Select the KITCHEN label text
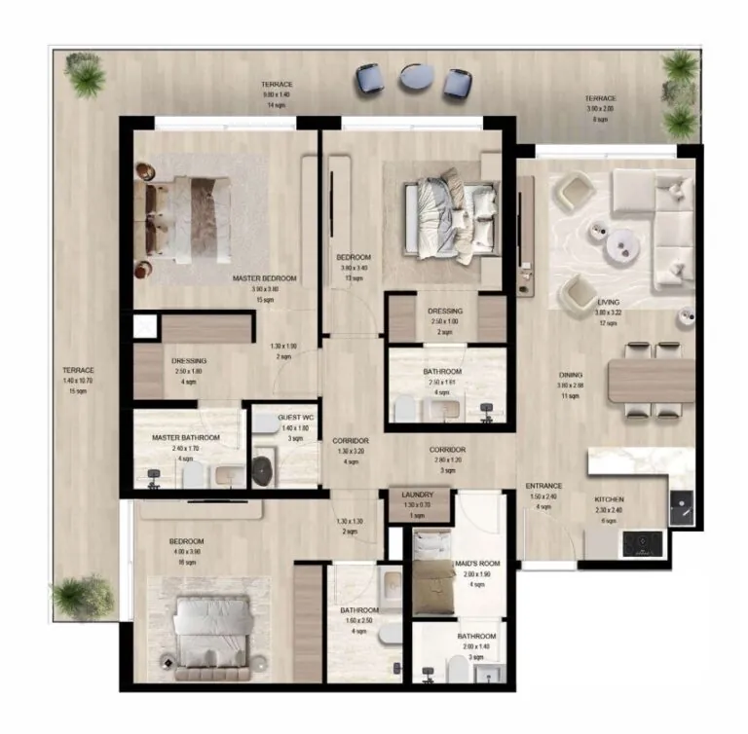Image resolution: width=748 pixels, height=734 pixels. coord(609,499)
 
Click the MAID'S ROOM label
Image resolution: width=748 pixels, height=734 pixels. coord(476,564)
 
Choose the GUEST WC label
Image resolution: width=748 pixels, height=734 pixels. coord(293,418)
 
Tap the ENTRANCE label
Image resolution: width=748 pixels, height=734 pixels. coord(544,485)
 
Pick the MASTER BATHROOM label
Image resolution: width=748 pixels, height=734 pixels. coord(185,438)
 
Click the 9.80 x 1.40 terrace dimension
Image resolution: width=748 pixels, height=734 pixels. coord(277,94)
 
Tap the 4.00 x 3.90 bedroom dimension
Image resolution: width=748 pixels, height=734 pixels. coord(185,552)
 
